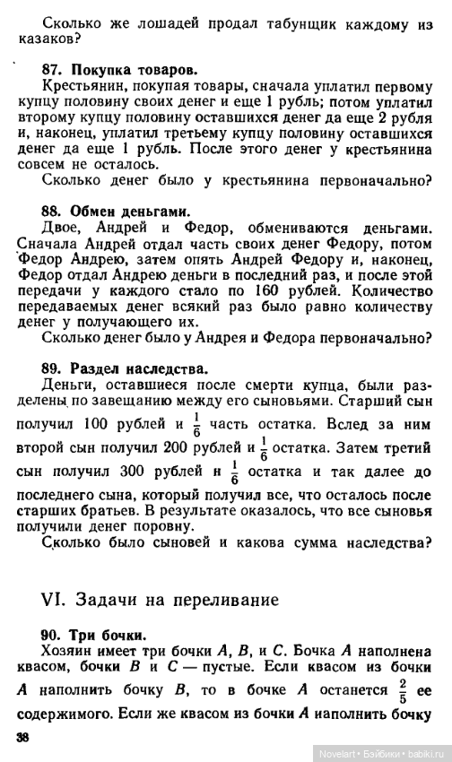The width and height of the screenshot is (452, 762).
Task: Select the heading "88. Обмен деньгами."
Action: pyautogui.click(x=116, y=212)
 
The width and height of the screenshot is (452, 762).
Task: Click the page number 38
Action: pyautogui.click(x=24, y=737)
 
